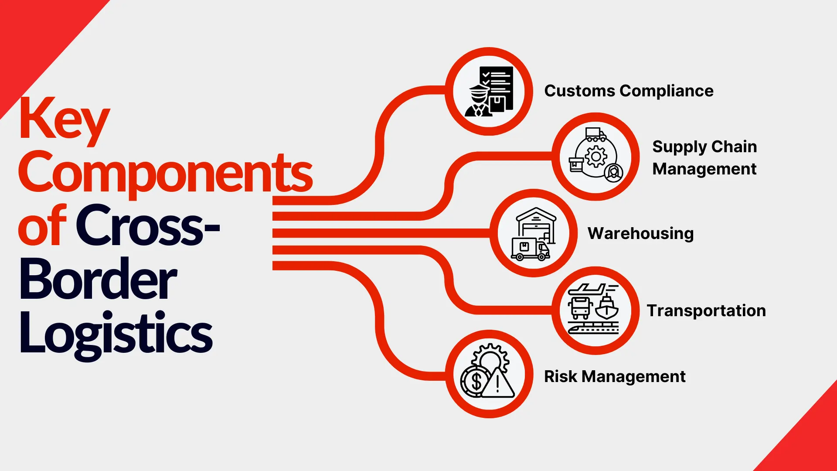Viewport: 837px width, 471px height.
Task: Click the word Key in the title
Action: point(64,119)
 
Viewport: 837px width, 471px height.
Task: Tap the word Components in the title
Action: point(165,173)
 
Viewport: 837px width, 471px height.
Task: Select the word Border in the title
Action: point(98,280)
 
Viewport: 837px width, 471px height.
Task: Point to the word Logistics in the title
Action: point(116,333)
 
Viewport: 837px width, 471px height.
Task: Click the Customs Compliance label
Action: point(629,91)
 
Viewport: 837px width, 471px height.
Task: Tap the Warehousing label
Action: point(640,233)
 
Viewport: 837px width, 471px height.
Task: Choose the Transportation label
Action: point(706,311)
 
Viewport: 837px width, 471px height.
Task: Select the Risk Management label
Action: point(615,376)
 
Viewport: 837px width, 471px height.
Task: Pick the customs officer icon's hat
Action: point(479,91)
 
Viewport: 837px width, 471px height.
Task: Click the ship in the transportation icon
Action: point(607,308)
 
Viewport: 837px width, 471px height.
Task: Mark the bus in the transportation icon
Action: point(580,307)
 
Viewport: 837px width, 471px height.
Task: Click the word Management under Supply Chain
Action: point(704,169)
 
